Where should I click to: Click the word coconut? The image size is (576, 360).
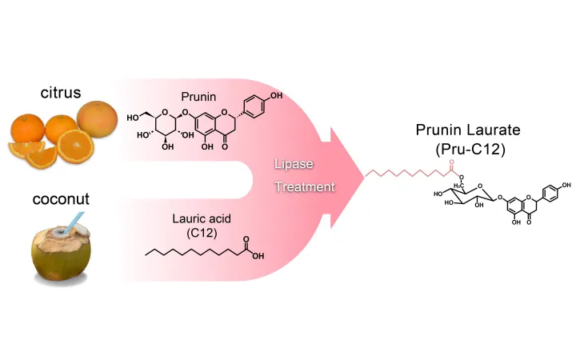click(x=60, y=197)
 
